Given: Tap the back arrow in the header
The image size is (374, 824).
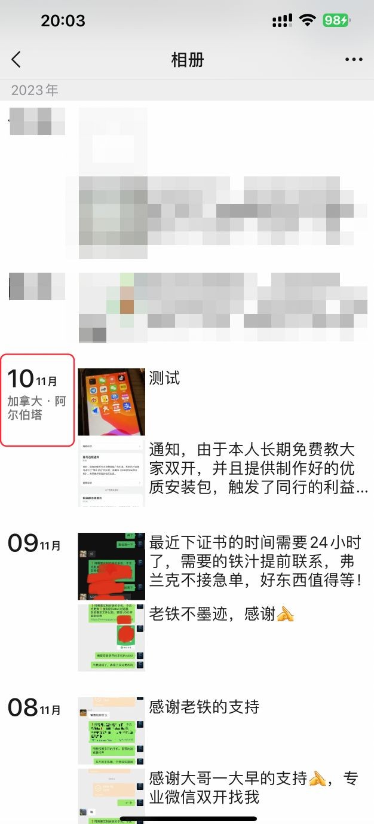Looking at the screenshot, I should click(16, 59).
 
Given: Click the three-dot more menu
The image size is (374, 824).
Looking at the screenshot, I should click(354, 60).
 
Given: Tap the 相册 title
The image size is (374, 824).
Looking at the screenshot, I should click(187, 60).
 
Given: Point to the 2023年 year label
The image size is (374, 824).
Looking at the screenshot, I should click(35, 90).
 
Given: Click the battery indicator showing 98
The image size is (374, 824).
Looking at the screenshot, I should click(336, 20).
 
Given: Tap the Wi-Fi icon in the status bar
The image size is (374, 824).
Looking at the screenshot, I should click(308, 20).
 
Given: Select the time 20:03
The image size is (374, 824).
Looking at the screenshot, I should click(63, 21).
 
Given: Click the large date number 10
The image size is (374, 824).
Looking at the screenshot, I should click(20, 379).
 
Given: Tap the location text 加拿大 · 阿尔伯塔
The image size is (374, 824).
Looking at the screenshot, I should click(36, 408).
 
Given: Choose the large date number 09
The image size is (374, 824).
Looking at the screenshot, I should click(23, 543).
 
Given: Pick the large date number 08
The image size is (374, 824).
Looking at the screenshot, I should click(23, 707).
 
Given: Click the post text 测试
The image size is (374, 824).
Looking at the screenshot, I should click(164, 379).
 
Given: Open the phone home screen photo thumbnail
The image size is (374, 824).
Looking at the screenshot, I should click(112, 402).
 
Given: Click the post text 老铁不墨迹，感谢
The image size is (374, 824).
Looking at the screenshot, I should click(212, 614).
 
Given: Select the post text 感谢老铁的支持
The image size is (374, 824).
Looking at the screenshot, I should click(204, 707).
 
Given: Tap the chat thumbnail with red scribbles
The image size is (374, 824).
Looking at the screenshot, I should click(112, 566).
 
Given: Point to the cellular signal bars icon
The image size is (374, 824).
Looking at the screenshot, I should click(282, 21).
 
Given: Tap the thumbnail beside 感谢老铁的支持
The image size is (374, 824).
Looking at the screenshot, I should click(112, 731).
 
